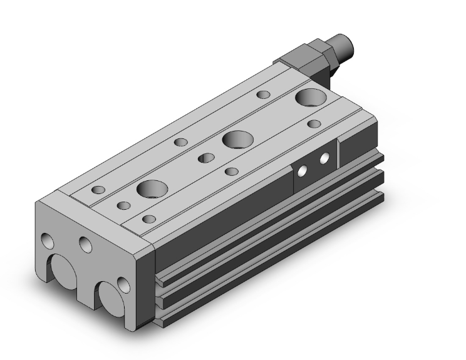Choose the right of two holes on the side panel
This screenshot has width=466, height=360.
(x=324, y=158)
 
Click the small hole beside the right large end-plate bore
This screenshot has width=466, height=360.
(x=125, y=287)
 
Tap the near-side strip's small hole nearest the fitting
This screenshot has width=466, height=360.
(x=314, y=124)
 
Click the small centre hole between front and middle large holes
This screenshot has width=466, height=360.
(x=205, y=158)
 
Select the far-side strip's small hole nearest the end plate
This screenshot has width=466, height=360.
(x=98, y=189)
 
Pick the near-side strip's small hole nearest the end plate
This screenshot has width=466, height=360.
(x=149, y=219)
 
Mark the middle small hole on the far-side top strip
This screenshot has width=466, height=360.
(x=182, y=142)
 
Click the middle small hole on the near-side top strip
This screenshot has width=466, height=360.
(x=232, y=171)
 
